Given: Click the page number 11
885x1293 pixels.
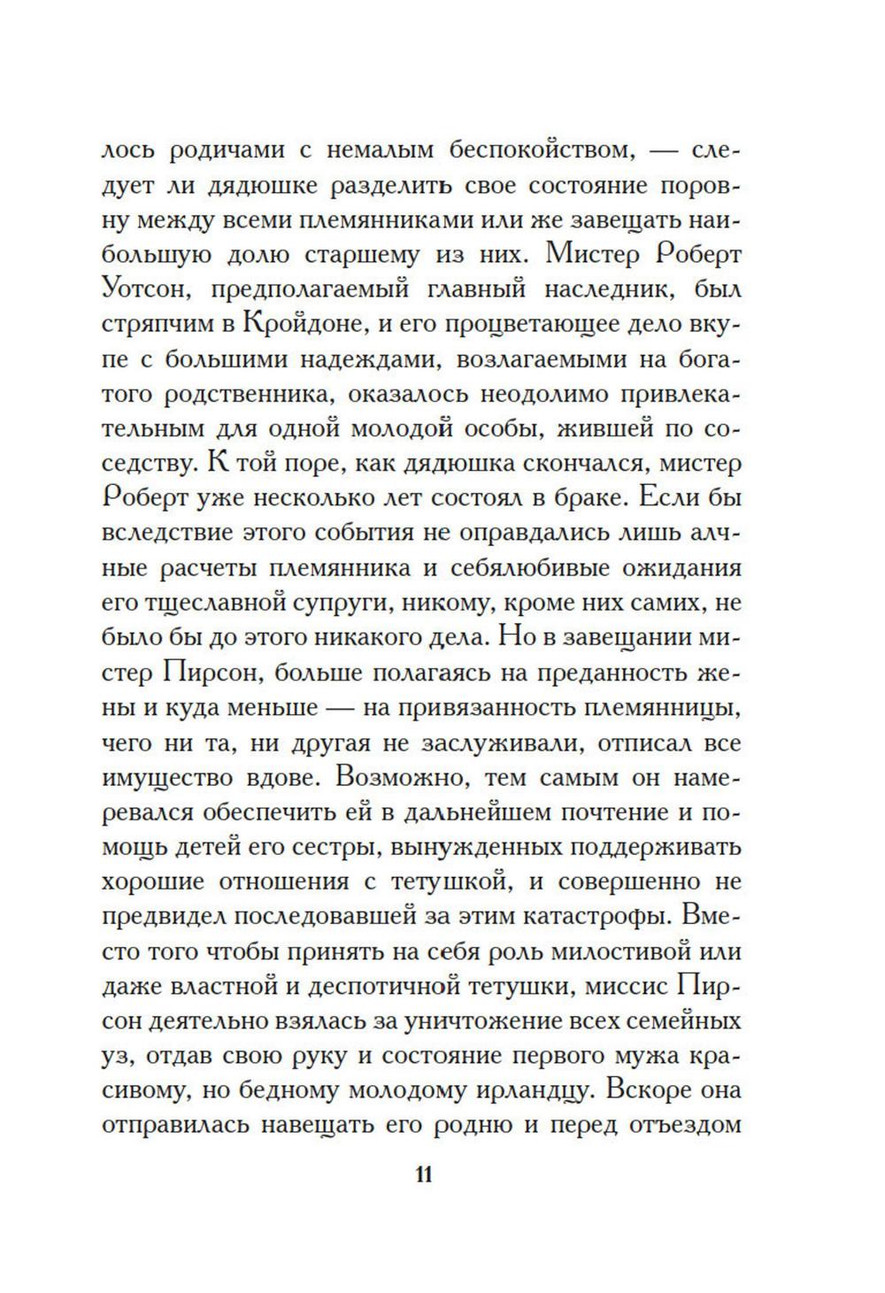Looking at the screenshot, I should point(422,1175).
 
